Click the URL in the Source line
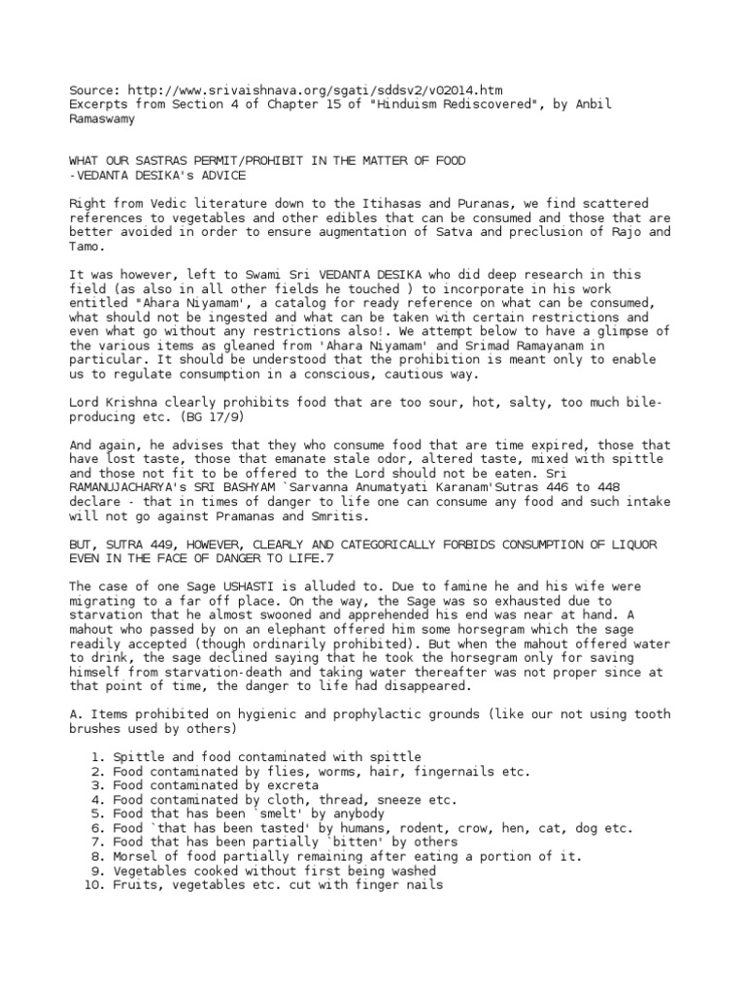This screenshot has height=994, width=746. [314, 89]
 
